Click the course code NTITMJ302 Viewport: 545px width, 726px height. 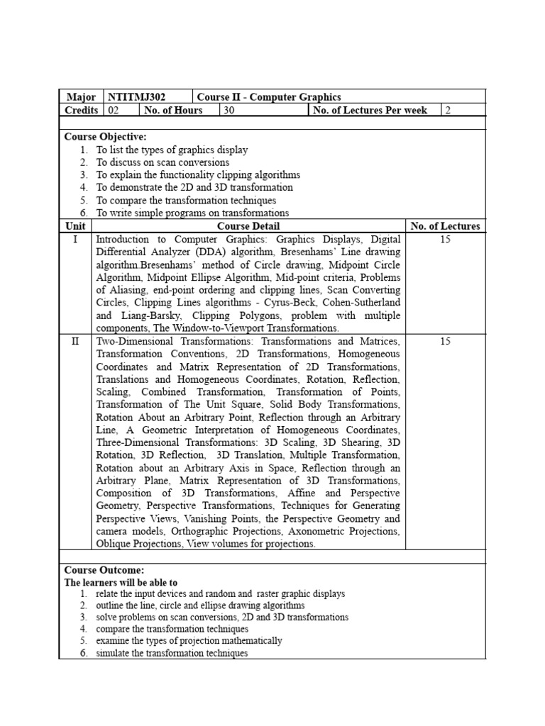pos(134,97)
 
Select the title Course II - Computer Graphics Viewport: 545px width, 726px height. pos(269,97)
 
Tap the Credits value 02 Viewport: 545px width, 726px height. pos(114,110)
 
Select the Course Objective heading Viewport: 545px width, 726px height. pos(105,137)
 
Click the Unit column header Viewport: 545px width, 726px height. pos(75,226)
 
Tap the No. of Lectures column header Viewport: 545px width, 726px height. pos(445,226)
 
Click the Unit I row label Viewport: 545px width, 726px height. pos(75,240)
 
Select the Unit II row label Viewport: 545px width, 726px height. pos(75,341)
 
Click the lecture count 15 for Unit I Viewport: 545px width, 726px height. pos(445,240)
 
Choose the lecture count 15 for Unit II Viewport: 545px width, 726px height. pos(445,341)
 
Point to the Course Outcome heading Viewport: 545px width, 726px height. pos(104,569)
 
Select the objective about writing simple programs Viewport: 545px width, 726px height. pos(192,213)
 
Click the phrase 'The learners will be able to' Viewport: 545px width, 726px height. pos(121,582)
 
